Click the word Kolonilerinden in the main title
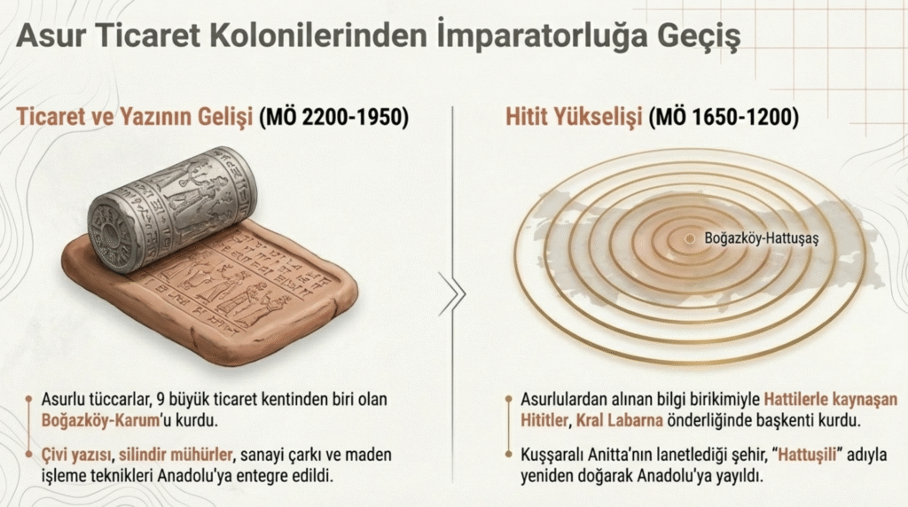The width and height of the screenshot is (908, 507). click(x=317, y=36)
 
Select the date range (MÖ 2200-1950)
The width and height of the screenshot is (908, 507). click(x=333, y=117)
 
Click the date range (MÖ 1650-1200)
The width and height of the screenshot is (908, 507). click(x=724, y=117)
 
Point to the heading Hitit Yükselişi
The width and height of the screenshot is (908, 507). click(x=574, y=117)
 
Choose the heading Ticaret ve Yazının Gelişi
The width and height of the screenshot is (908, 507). click(x=135, y=117)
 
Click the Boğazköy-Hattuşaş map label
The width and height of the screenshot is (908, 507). click(x=762, y=238)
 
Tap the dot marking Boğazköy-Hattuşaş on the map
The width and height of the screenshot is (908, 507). click(x=689, y=238)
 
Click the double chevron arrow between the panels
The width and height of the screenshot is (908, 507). click(x=451, y=294)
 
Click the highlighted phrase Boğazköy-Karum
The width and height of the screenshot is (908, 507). click(x=100, y=420)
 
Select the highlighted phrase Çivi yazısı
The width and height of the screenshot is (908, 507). click(x=76, y=456)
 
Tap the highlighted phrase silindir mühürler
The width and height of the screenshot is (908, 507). click(x=176, y=455)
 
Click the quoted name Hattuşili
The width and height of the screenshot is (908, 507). click(x=807, y=455)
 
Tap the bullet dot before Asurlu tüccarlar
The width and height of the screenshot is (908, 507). click(x=28, y=400)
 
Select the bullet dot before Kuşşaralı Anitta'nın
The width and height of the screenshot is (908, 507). click(x=508, y=455)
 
